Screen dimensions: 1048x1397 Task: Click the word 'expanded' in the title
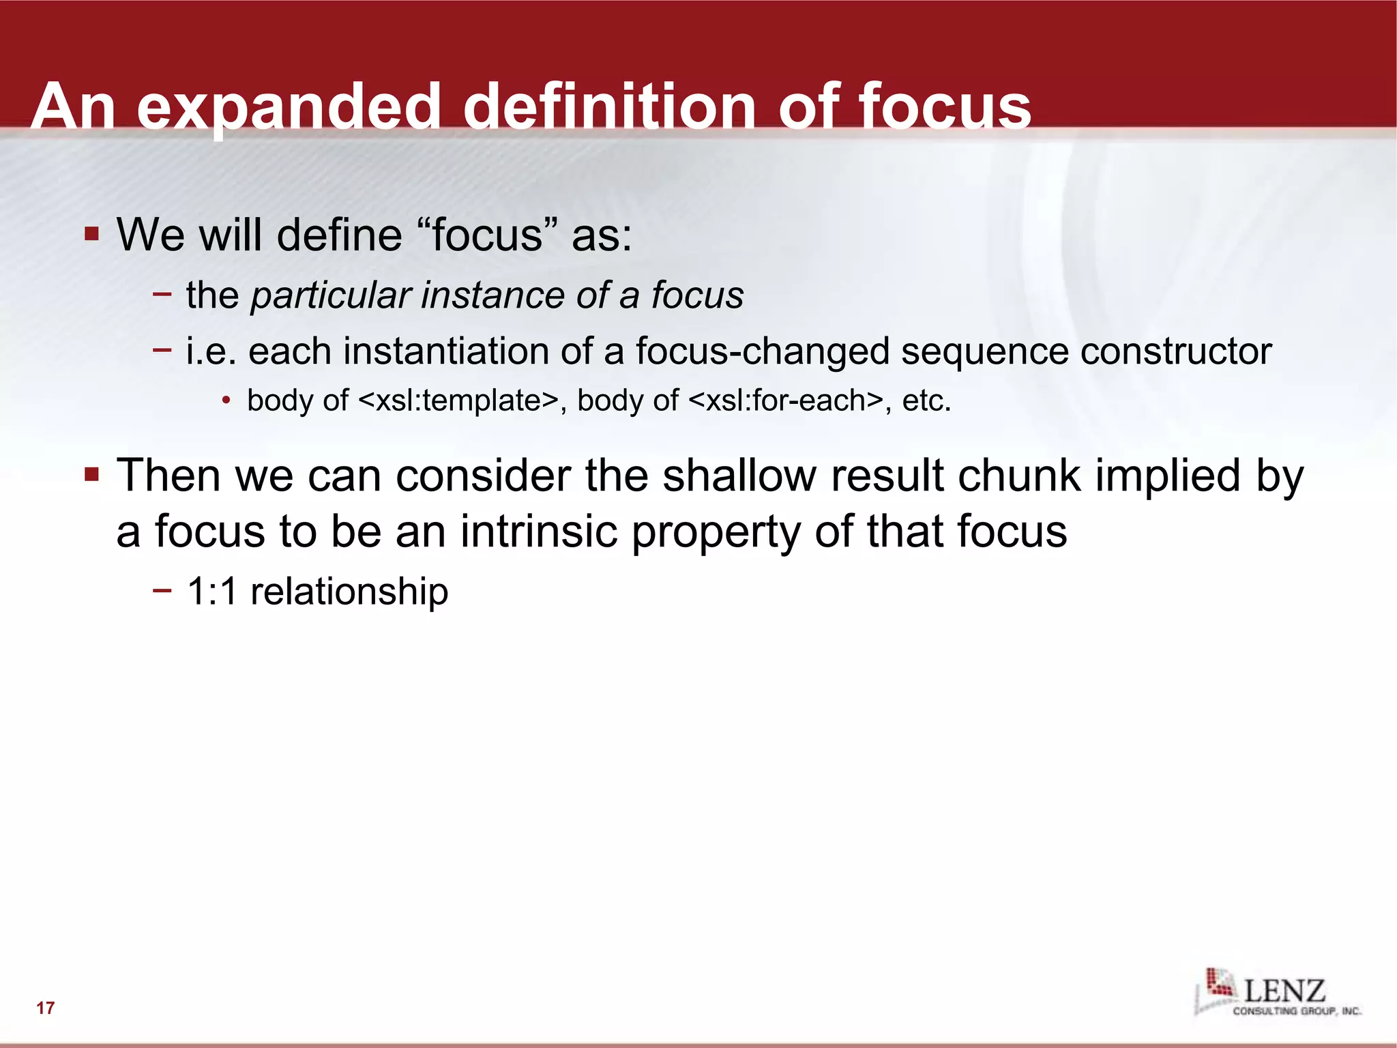(x=289, y=107)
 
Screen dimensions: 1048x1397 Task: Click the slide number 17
(x=46, y=1008)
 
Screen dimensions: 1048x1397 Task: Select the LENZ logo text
(x=1284, y=991)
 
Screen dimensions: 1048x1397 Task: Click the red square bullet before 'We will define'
(x=92, y=234)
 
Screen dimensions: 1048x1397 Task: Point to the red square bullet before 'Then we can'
(x=92, y=474)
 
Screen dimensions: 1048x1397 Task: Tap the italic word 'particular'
(x=330, y=295)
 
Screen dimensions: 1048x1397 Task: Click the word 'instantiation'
(x=446, y=351)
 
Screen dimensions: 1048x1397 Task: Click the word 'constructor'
(x=1176, y=351)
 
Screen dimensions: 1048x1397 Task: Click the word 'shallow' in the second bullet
(x=739, y=475)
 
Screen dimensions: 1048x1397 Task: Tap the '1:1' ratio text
(x=211, y=591)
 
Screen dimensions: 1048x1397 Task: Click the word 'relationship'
(x=349, y=591)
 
